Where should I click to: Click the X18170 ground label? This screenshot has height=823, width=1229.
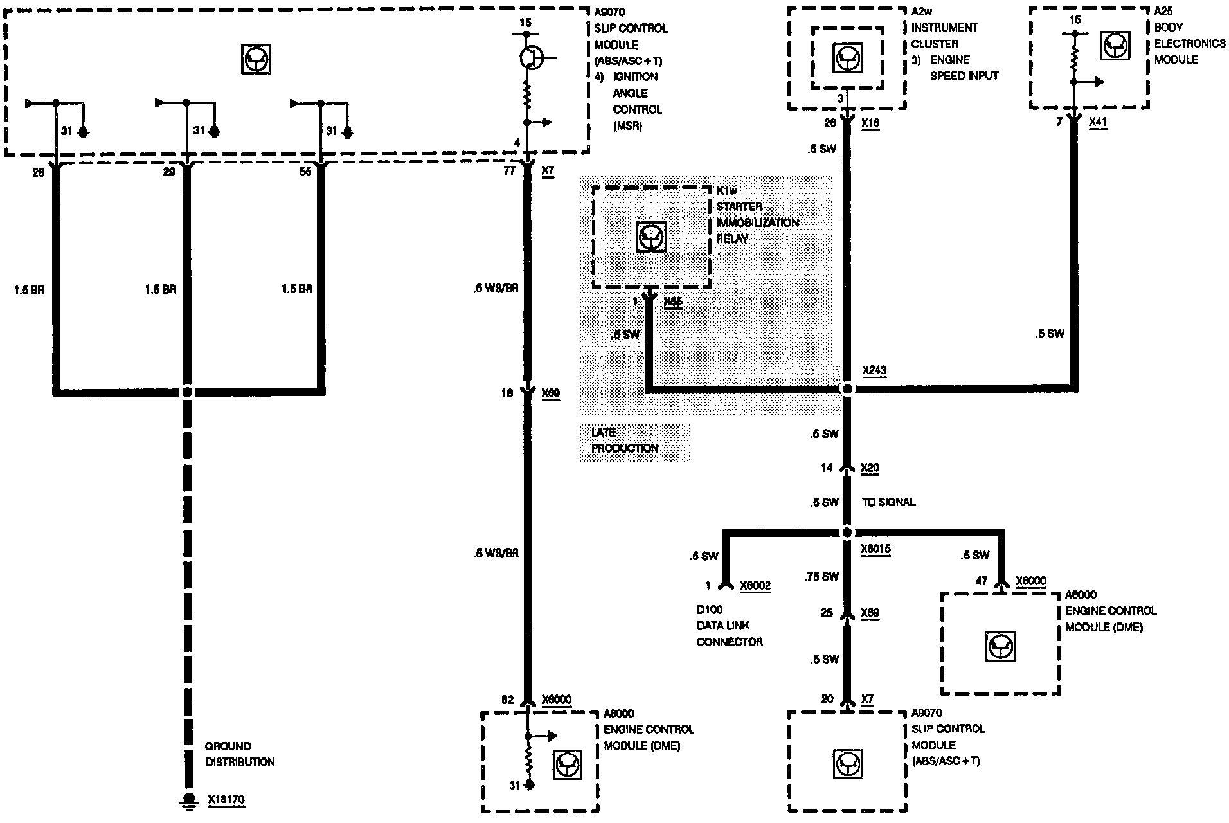click(x=226, y=800)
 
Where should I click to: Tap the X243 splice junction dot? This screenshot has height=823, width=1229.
click(x=847, y=389)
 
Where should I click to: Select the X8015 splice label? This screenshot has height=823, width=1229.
click(x=875, y=550)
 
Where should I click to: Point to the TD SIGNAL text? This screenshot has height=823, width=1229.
click(x=888, y=502)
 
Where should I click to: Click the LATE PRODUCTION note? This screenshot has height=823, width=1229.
click(x=624, y=440)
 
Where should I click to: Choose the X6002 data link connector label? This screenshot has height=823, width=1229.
click(x=755, y=586)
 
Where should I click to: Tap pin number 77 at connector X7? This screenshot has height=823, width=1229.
click(x=510, y=171)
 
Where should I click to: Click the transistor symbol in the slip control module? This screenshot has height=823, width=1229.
click(x=532, y=57)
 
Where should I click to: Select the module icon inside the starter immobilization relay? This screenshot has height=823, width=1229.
click(x=650, y=237)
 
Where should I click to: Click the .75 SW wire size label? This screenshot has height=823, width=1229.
click(x=822, y=576)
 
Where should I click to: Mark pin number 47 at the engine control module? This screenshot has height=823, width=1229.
click(x=981, y=581)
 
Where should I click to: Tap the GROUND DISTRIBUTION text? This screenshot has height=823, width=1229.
click(x=239, y=754)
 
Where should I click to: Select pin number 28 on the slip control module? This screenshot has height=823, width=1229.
click(x=38, y=172)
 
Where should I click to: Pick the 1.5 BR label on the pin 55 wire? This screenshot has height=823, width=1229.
click(x=296, y=289)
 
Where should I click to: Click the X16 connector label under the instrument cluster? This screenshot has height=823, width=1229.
click(x=870, y=122)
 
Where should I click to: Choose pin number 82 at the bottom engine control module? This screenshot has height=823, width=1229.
click(x=507, y=700)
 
